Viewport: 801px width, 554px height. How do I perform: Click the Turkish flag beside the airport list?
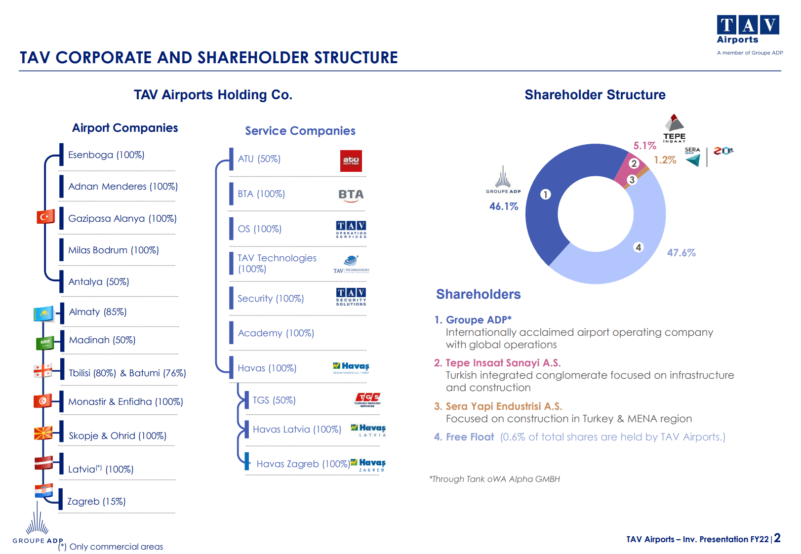(45, 216)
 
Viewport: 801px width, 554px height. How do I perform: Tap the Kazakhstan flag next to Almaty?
(43, 313)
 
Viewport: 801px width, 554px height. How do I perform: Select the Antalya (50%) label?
(98, 282)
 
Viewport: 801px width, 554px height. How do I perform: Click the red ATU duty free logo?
(351, 161)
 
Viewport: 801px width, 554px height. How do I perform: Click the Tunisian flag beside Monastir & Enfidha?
(42, 401)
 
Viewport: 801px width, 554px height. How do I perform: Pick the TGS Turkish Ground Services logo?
(368, 399)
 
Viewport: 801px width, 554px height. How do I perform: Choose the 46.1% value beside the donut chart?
(503, 206)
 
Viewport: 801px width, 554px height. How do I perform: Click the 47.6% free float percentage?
(681, 253)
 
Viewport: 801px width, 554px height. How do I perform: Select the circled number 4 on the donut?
(639, 247)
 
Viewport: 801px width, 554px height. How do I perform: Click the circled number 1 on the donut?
(545, 194)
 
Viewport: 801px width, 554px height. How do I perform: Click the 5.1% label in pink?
(644, 146)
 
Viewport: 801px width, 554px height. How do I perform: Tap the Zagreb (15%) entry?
(96, 502)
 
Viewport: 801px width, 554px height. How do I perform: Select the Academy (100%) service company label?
(276, 333)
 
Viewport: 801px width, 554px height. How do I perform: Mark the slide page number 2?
(777, 538)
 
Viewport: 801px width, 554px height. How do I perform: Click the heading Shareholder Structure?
(595, 95)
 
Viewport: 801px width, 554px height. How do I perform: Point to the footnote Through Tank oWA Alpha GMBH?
(494, 479)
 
